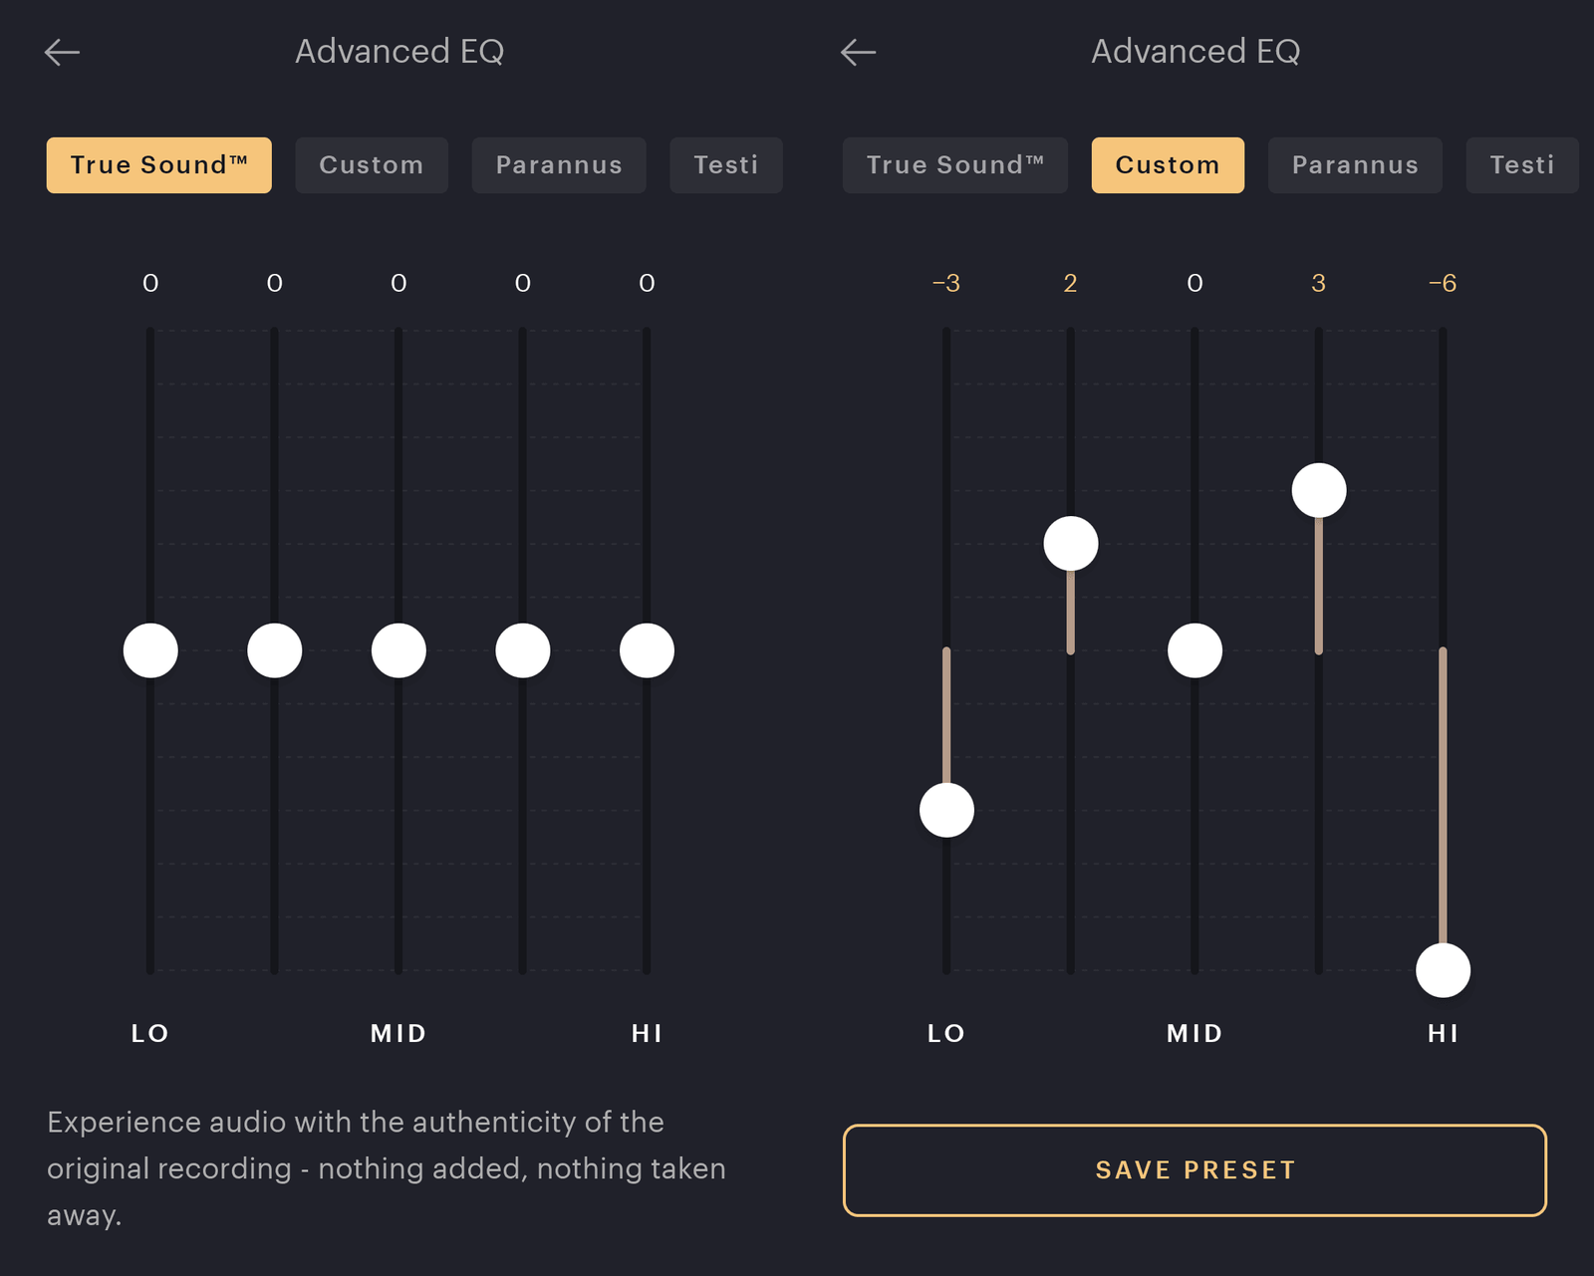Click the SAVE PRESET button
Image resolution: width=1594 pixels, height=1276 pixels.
[x=1195, y=1170]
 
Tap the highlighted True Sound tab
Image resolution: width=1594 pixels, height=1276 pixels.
[x=158, y=165]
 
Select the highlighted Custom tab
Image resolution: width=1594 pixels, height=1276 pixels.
[x=1167, y=165]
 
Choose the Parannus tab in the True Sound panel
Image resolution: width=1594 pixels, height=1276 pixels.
[x=558, y=165]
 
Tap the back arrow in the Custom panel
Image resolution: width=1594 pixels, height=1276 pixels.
[x=858, y=52]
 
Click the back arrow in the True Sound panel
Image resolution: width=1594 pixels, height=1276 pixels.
[x=62, y=52]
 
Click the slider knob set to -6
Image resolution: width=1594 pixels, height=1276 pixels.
[x=1443, y=970]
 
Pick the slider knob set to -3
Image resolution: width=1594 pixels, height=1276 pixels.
[x=946, y=810]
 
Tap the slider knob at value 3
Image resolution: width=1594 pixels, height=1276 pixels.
[x=1319, y=490]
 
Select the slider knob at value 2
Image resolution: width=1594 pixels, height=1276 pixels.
[x=1071, y=544]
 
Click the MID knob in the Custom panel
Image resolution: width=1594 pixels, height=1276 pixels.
[x=1195, y=650]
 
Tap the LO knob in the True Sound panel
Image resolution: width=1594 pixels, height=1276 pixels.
[x=150, y=650]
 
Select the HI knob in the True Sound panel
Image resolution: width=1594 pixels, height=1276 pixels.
[x=647, y=650]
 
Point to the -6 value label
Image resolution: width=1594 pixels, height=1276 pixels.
[x=1443, y=284]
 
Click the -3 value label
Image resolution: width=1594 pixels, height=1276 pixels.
[x=946, y=284]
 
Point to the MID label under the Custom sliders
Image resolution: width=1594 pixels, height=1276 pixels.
[x=1195, y=1034]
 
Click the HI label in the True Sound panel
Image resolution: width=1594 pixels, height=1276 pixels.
[x=647, y=1034]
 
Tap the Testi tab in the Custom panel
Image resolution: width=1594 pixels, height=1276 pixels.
[x=1521, y=165]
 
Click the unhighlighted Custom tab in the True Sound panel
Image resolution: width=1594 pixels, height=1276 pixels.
[x=371, y=165]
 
